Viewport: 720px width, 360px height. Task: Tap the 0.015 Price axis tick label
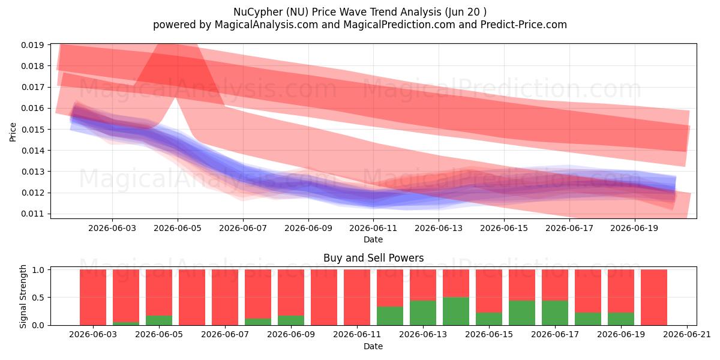coord(32,130)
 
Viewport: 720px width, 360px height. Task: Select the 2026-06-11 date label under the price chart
coord(373,228)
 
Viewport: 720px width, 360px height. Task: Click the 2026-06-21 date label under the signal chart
coord(687,335)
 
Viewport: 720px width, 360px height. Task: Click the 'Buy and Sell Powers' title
coord(373,258)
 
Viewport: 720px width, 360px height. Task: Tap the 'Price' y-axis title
coord(13,132)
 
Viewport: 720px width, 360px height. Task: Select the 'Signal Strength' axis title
coord(23,296)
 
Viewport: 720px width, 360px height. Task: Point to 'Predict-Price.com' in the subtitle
coord(524,25)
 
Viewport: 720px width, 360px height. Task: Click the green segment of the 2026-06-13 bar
coord(423,313)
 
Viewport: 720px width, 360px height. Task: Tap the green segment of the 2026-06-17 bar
coord(555,313)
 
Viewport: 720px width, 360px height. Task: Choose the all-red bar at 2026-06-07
coord(225,298)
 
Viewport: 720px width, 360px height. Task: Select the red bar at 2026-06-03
coord(93,298)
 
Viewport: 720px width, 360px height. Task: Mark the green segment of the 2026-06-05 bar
coord(159,320)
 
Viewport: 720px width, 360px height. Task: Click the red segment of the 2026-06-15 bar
coord(489,291)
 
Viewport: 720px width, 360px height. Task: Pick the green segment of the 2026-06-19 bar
coord(621,319)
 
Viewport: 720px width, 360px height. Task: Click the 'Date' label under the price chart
coord(373,239)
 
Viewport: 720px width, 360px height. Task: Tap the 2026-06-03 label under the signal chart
coord(93,335)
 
